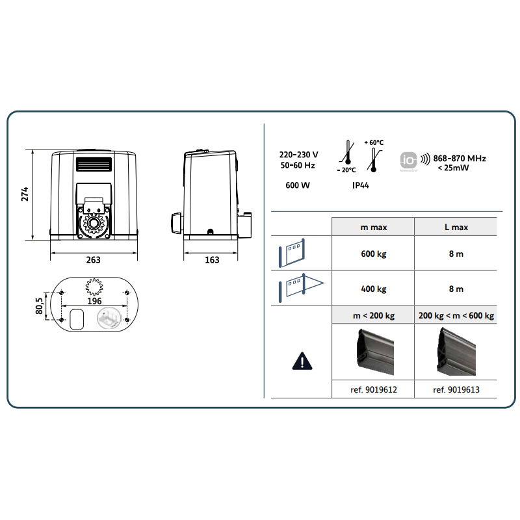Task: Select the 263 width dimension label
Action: [x=94, y=260]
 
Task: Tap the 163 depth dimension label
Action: [x=212, y=260]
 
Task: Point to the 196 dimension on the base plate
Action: [x=95, y=301]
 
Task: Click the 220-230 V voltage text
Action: [x=298, y=155]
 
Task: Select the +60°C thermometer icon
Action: [x=375, y=155]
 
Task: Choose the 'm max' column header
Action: [x=372, y=227]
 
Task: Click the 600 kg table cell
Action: [x=372, y=253]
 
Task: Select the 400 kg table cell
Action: [x=372, y=288]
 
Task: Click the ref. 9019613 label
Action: [x=456, y=390]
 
